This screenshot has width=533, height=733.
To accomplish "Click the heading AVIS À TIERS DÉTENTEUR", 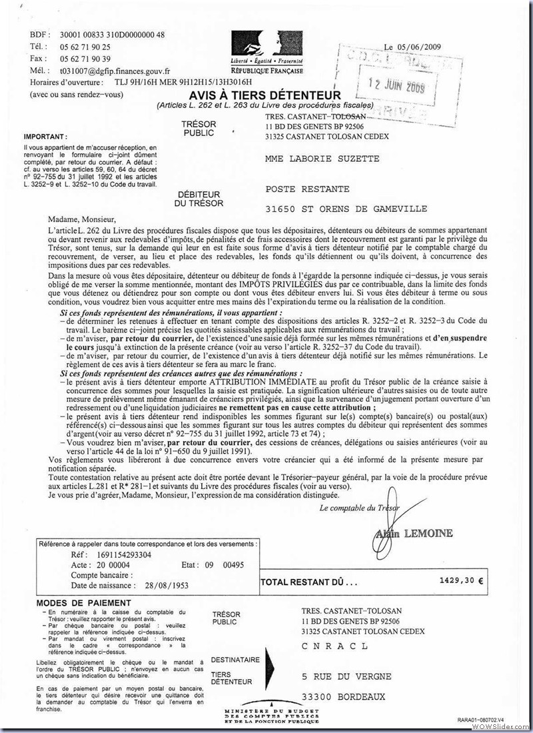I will (x=265, y=95).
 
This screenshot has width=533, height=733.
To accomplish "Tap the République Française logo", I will (x=266, y=52).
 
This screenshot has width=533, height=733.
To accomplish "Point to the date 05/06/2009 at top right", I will (x=422, y=47).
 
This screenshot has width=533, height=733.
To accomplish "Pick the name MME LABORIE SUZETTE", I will (x=322, y=159).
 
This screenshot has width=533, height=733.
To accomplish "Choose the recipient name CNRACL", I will (x=334, y=646).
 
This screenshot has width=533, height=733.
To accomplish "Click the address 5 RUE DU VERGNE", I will (x=346, y=676).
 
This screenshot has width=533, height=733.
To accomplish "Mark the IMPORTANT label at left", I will (x=45, y=136).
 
